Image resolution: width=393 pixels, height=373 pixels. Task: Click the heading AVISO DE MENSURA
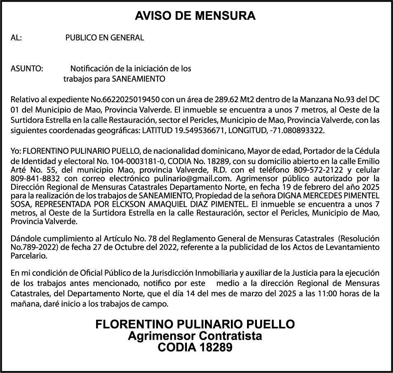pyautogui.click(x=195, y=16)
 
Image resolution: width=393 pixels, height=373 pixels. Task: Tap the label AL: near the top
pyautogui.click(x=16, y=38)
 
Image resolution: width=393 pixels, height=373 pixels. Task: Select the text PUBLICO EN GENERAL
pyautogui.click(x=105, y=38)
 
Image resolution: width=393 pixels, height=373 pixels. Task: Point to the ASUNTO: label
pyautogui.click(x=27, y=68)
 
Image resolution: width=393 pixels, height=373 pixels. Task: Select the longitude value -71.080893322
pyautogui.click(x=297, y=131)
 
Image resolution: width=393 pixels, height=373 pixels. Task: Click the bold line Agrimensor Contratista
pyautogui.click(x=195, y=336)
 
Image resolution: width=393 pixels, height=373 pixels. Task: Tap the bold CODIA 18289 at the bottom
pyautogui.click(x=195, y=347)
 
